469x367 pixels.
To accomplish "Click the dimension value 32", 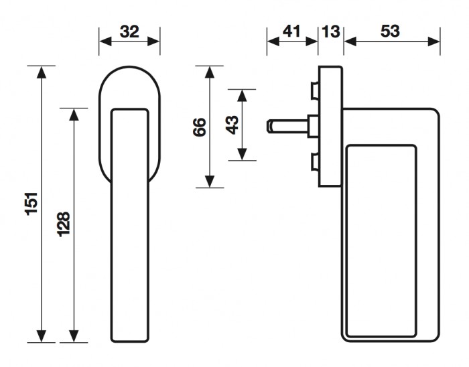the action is coord(129,31).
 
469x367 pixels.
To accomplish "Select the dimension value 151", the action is coord(31,204).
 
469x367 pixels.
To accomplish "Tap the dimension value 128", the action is coord(64,224).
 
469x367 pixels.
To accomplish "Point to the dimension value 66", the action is coord(200,127).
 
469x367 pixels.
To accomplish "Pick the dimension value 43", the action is coord(232,125).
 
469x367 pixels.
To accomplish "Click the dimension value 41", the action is coord(291,31).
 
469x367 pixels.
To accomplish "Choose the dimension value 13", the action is coord(331,31).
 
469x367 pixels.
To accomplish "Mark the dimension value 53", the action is coord(390,31).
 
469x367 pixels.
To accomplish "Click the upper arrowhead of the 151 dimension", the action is coord(42,72).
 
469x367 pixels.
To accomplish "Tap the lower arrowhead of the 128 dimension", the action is coord(74,336).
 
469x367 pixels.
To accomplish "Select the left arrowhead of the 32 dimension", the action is coord(105,42).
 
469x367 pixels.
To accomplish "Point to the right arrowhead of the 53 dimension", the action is coord(433,42).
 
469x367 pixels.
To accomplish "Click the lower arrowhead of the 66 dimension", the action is coord(210,181).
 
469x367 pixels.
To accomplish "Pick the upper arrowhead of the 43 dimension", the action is coord(242,95).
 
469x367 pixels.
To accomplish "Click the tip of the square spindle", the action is coord(267,126).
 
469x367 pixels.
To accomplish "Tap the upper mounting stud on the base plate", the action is coord(315,90).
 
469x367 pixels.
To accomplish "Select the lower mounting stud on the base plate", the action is coord(315,161).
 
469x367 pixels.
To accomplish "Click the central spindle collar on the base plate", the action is coord(313,126).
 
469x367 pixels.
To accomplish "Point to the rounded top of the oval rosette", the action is coord(129,67).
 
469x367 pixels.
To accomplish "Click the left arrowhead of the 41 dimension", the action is coord(273,42).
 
